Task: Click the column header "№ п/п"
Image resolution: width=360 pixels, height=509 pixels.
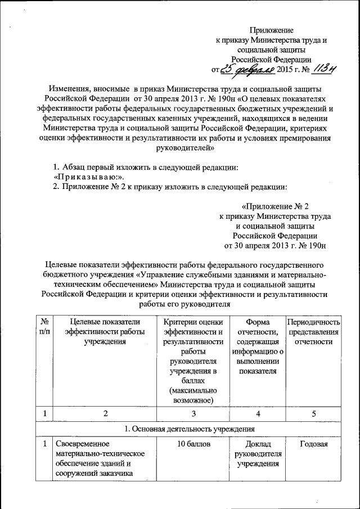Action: tap(43, 327)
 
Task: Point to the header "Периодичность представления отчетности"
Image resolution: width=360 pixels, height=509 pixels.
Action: tap(314, 332)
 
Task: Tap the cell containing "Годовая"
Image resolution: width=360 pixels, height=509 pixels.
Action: tap(314, 444)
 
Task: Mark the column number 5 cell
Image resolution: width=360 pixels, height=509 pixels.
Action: tap(314, 413)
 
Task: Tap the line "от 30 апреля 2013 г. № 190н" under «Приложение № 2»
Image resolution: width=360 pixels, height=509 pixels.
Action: tap(275, 246)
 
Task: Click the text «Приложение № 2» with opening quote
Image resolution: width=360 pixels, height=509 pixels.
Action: tap(275, 206)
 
